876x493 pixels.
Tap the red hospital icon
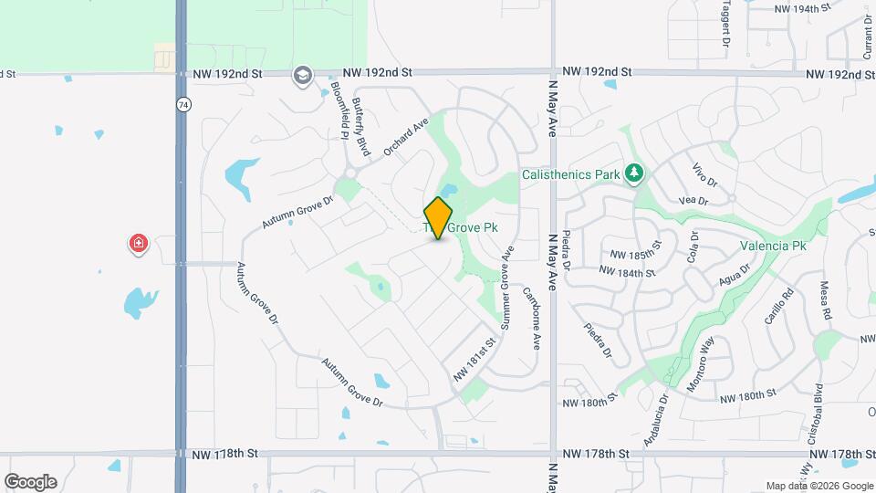click(x=138, y=244)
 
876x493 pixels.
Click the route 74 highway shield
click(x=182, y=106)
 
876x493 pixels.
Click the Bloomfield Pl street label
click(x=339, y=109)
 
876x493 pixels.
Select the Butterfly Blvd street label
click(x=363, y=126)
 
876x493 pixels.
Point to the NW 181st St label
click(x=474, y=361)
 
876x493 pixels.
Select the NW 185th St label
click(x=635, y=255)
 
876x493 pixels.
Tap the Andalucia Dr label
click(x=655, y=418)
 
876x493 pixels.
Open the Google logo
click(x=30, y=482)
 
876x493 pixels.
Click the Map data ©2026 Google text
click(x=818, y=486)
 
